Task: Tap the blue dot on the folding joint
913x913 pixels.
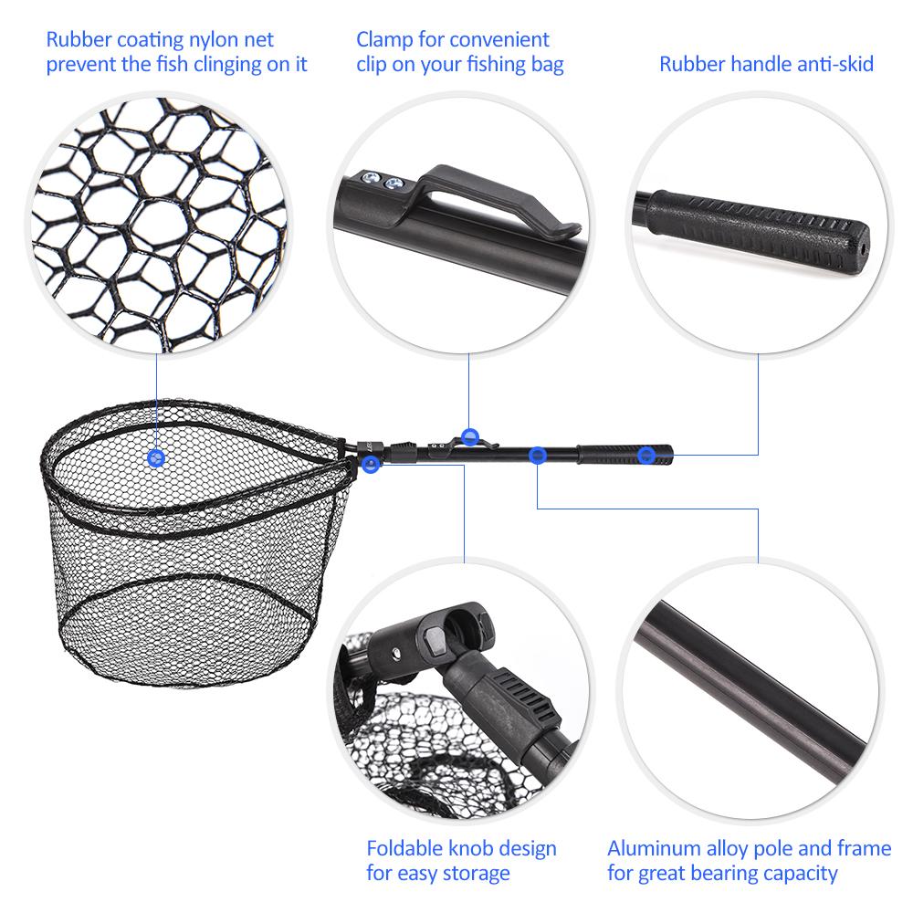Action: pos(370,464)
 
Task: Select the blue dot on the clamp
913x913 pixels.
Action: pos(469,436)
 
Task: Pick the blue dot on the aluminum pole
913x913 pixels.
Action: pos(538,454)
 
